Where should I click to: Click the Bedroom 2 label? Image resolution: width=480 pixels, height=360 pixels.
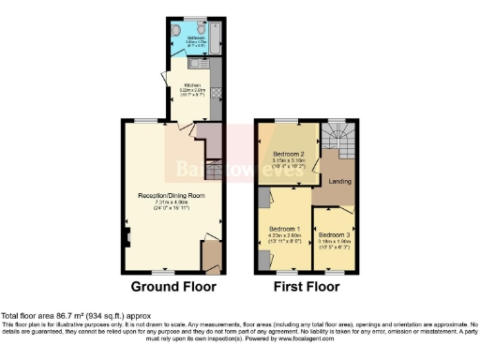[x=288, y=154]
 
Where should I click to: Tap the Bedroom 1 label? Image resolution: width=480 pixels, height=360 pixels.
[x=284, y=228]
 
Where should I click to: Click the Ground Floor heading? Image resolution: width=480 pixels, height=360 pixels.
[x=172, y=286]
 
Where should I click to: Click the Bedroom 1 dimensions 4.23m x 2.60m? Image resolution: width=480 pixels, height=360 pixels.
[x=284, y=236]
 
